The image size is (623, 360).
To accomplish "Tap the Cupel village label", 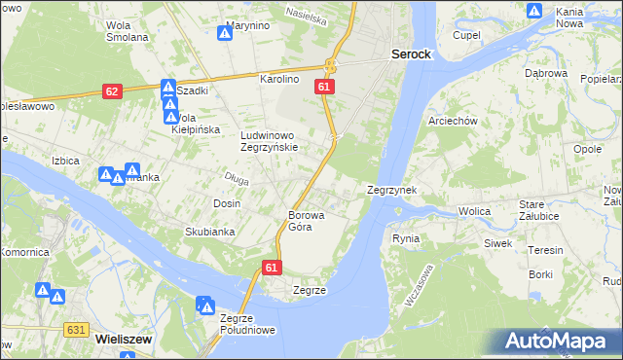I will point(467,35).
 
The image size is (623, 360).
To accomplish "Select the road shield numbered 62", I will point(112,91).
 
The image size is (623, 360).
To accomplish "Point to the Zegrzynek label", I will point(391,191).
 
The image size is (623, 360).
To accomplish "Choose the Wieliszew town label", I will point(123,339).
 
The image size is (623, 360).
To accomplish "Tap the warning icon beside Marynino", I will point(224,33).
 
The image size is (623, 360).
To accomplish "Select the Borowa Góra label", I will point(305,221).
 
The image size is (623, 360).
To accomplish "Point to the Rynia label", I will point(405,238).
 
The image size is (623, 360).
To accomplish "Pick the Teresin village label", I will point(545,250).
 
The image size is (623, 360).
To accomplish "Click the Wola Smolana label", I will point(128,30).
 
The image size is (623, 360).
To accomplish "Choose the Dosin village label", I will point(227,202).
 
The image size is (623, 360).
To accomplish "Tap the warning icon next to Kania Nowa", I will point(534,11).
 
